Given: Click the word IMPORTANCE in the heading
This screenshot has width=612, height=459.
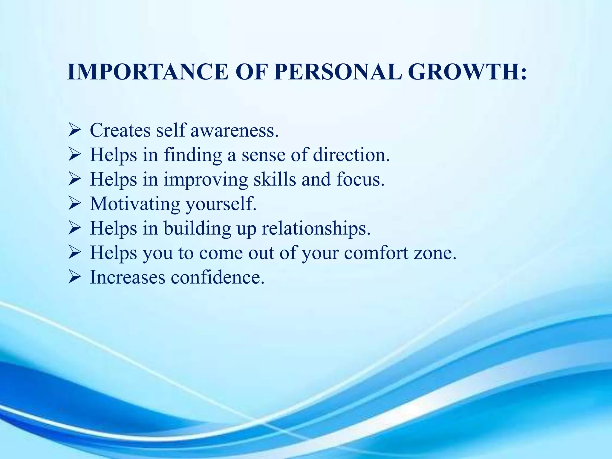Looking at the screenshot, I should (148, 72).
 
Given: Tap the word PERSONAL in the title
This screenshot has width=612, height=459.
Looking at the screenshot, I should (338, 72).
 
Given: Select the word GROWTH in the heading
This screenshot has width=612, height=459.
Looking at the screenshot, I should (463, 72).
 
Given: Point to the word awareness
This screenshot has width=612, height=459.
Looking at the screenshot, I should (235, 131).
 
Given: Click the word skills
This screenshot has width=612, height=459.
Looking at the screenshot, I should (275, 179).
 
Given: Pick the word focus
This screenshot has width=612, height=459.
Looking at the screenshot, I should (360, 179).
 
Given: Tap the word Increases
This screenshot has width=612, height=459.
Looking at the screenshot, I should (128, 277).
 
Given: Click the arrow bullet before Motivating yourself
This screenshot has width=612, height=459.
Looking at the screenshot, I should (74, 204).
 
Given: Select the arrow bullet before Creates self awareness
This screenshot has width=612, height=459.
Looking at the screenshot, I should (74, 130).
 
